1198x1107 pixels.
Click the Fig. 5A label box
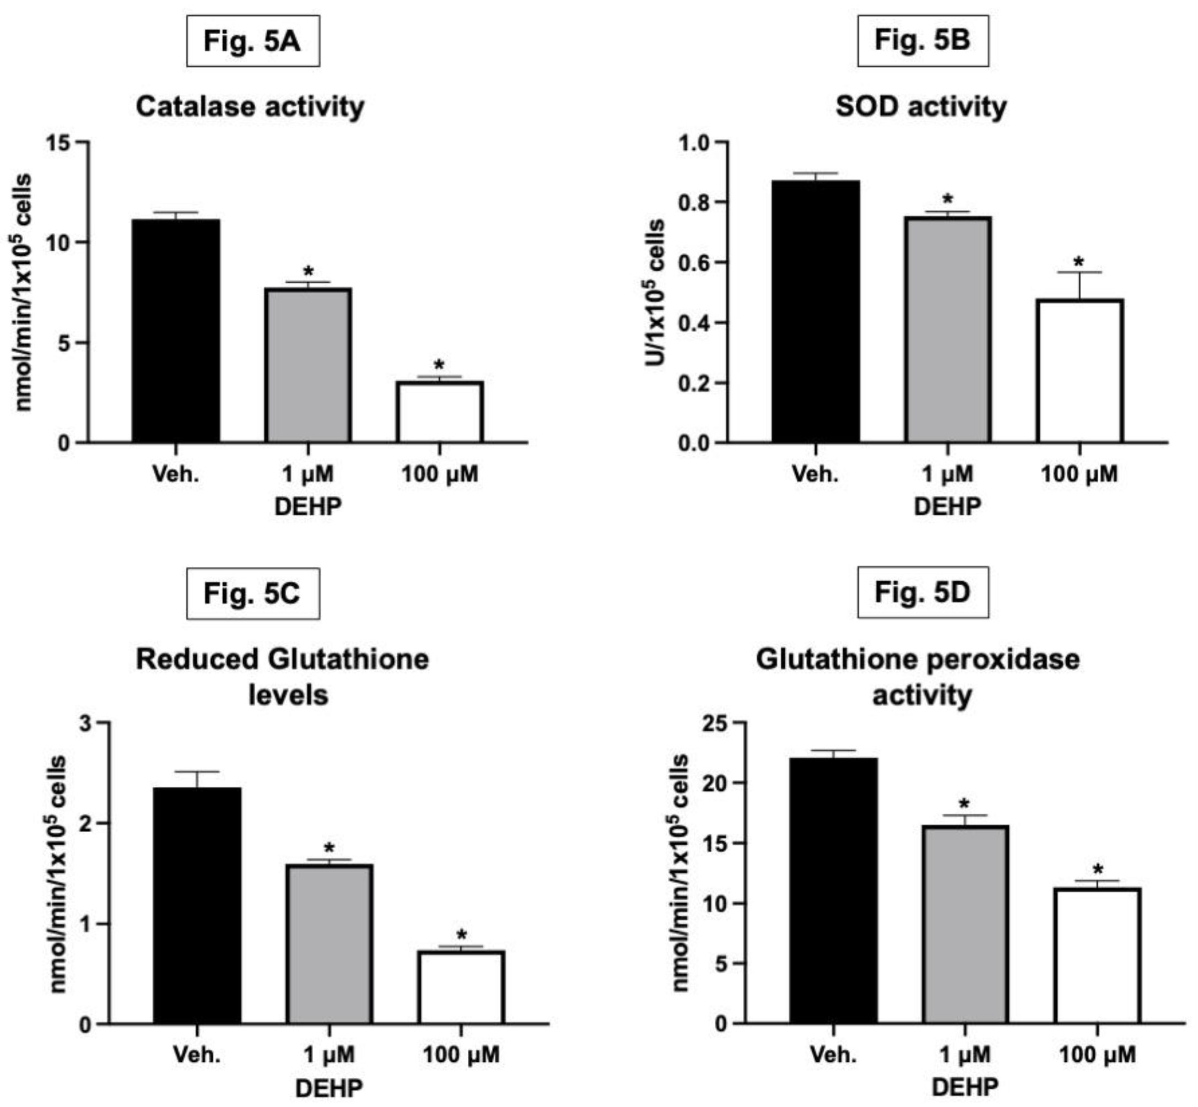click(x=253, y=41)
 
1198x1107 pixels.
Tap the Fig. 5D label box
click(x=922, y=592)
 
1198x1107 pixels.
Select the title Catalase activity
click(x=250, y=107)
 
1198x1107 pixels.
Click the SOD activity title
click(x=921, y=107)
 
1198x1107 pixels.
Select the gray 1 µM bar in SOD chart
click(x=948, y=330)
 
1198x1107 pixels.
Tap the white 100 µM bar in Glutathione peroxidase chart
click(x=1097, y=956)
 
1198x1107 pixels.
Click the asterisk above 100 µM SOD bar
click(x=1079, y=262)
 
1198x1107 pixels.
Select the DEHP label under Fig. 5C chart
click(x=329, y=1088)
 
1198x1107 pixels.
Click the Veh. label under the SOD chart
click(x=815, y=474)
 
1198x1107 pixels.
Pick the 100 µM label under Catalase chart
click(x=440, y=474)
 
